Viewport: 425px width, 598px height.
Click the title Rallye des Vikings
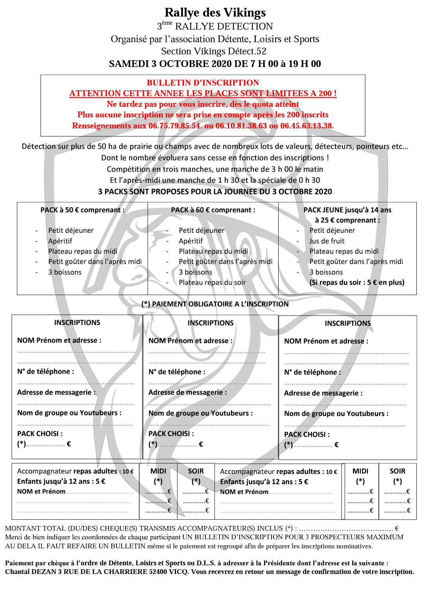[x=215, y=13]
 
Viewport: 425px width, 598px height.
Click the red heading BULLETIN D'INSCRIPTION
[x=203, y=83]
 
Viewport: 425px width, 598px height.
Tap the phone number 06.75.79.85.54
[x=175, y=126]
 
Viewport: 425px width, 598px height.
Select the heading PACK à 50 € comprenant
[x=82, y=210]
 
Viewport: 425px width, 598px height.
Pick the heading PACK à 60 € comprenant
[x=213, y=210]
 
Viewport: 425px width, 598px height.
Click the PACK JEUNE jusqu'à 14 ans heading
[x=347, y=210]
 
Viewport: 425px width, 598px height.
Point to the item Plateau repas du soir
[x=212, y=282]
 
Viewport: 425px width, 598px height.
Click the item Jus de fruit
[x=327, y=241]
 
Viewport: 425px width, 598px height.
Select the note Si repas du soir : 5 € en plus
[x=357, y=282]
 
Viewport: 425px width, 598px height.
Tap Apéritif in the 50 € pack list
[x=60, y=241]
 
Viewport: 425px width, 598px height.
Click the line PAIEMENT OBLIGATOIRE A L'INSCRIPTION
[x=215, y=304]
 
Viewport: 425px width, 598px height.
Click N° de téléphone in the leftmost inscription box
[x=45, y=371]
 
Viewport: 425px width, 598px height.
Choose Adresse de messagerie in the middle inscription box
[x=187, y=392]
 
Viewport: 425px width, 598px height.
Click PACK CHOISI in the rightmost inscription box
[x=307, y=435]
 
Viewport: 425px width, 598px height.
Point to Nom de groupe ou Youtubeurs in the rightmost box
[x=336, y=414]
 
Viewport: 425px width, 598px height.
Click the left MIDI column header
[x=158, y=471]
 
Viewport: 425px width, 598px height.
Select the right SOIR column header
[x=397, y=471]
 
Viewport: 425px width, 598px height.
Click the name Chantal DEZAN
[x=30, y=572]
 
